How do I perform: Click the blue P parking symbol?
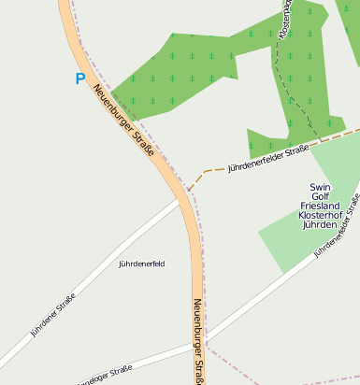click(x=79, y=79)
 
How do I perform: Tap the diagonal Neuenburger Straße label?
click(x=122, y=121)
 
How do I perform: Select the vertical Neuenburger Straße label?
click(x=198, y=340)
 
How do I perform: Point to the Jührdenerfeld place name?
click(x=142, y=264)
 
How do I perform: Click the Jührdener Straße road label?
click(x=52, y=314)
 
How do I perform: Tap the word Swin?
click(x=321, y=186)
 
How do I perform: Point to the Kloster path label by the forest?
click(x=284, y=19)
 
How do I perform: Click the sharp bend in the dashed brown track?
click(x=203, y=171)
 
